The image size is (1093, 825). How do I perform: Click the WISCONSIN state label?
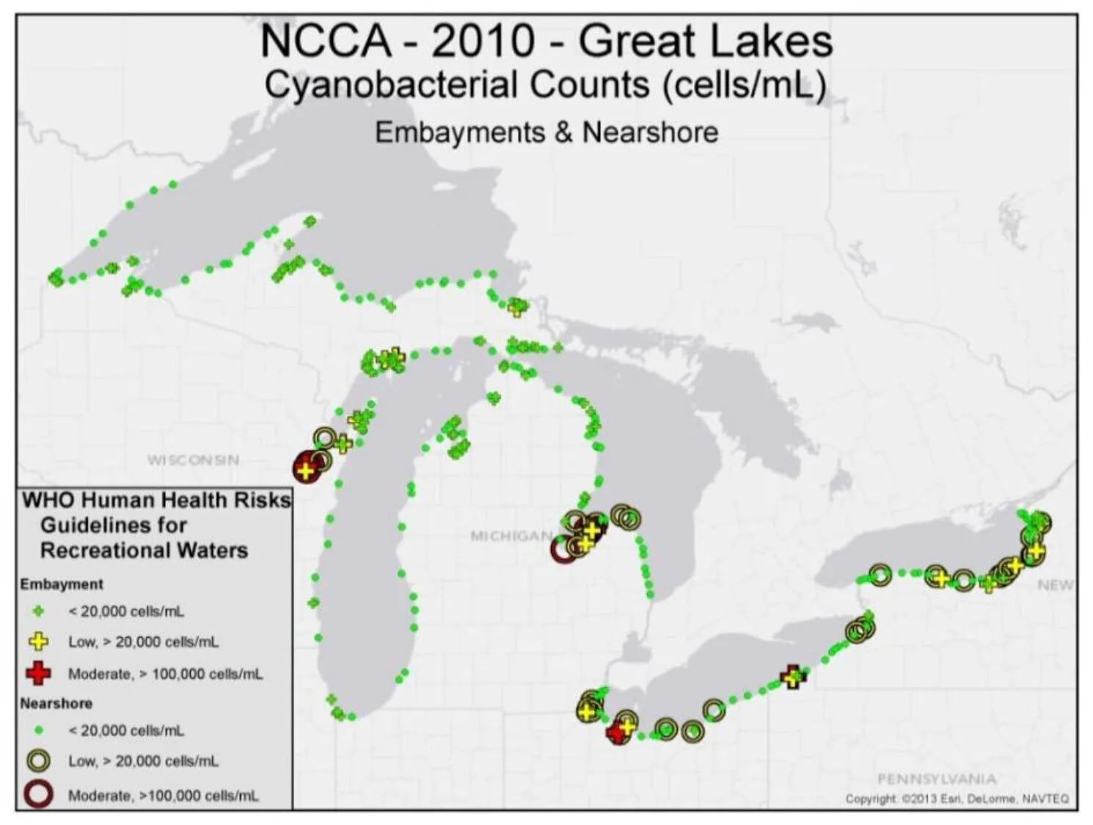(x=193, y=460)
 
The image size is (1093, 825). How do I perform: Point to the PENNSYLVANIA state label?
(x=937, y=779)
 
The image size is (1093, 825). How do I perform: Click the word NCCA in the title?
(x=326, y=41)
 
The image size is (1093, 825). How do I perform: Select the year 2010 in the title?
(x=483, y=41)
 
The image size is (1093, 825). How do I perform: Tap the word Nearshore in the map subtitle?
(x=650, y=133)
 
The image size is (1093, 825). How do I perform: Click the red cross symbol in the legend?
(x=39, y=673)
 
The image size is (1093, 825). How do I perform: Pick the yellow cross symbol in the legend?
(x=39, y=642)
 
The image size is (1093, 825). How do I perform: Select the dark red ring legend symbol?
(x=39, y=794)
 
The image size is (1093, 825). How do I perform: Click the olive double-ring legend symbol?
(x=39, y=760)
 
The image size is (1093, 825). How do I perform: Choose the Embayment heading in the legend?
(x=62, y=584)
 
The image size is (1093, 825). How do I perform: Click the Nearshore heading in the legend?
(x=56, y=703)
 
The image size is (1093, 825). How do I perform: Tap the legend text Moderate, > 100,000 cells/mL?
(x=165, y=674)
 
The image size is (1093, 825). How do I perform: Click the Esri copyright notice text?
(x=957, y=799)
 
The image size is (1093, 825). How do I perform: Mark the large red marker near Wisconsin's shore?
(x=305, y=469)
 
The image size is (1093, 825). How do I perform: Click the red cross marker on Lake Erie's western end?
(x=618, y=732)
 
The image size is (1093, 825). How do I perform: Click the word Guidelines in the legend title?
(x=113, y=526)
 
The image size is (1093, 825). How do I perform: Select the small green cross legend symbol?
(x=39, y=611)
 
